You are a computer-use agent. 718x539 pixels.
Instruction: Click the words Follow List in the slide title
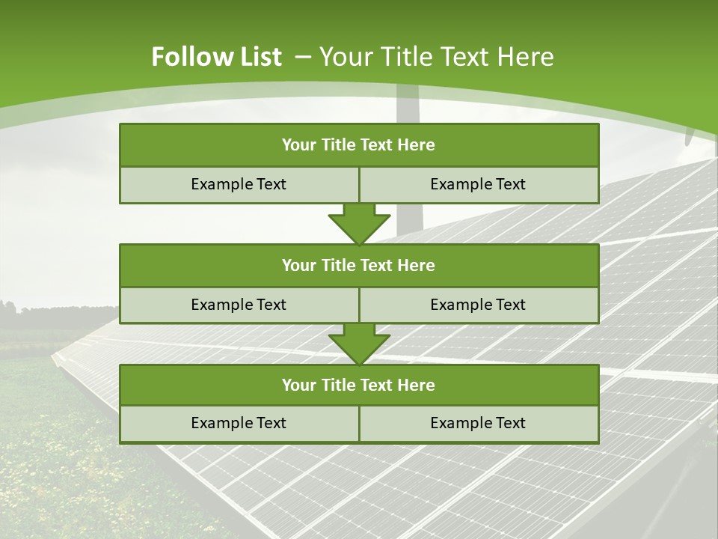point(216,57)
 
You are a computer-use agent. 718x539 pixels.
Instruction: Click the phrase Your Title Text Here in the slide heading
point(437,57)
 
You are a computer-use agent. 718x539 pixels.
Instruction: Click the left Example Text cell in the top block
point(239,185)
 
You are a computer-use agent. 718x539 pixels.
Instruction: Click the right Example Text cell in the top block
point(478,185)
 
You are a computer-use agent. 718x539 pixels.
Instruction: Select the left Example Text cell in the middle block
point(239,305)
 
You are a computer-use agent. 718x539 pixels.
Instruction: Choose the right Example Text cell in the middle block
point(478,305)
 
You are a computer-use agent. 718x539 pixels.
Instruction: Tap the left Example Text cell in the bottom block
point(239,424)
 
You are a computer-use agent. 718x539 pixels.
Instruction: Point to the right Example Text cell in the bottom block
point(478,424)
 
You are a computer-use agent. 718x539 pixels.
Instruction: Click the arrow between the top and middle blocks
point(359,224)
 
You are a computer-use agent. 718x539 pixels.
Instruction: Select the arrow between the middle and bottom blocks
point(359,344)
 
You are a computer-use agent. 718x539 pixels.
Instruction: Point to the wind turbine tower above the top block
point(408,105)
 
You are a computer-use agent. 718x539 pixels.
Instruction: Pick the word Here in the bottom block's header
point(417,386)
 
